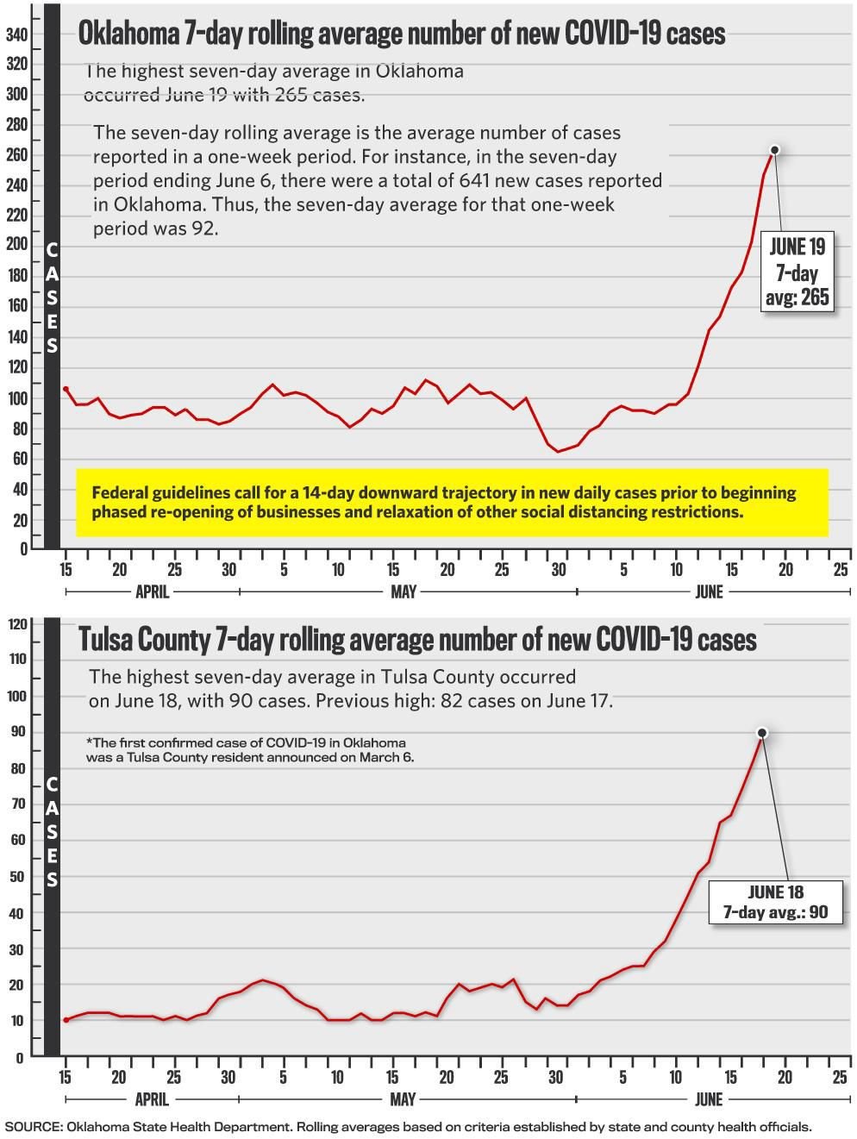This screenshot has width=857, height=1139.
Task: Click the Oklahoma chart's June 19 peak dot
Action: point(774,150)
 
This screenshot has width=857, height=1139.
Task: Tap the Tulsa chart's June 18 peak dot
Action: point(762,733)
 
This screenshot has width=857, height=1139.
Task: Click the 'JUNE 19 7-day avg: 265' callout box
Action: point(797,272)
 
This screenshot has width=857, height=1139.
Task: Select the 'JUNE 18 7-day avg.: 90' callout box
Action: point(776,902)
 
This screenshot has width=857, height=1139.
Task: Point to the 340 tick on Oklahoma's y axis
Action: point(17,34)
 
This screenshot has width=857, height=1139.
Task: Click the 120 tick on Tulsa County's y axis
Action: point(17,623)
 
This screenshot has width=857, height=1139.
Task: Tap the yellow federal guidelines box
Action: point(452,502)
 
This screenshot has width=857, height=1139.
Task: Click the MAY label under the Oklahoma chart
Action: point(403,591)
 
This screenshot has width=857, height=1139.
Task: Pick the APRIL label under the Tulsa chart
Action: point(152,1099)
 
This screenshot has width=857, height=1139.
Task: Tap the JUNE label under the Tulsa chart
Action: point(709,1099)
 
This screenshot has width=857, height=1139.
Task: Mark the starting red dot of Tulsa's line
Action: point(66,1020)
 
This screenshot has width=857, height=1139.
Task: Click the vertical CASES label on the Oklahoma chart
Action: point(52,297)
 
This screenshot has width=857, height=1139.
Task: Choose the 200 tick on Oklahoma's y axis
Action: point(17,245)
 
